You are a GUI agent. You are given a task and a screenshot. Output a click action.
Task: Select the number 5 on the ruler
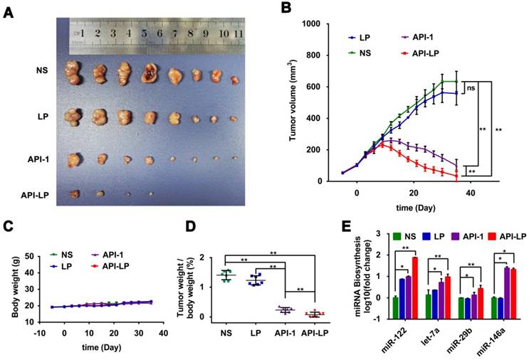[145, 33]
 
